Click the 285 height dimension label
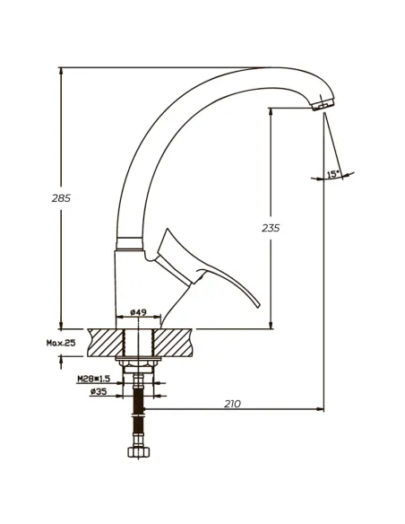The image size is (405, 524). pos(61,198)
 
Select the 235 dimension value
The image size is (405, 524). pos(271,228)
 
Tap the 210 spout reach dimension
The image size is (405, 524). pos(232,404)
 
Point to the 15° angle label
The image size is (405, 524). pos(333,174)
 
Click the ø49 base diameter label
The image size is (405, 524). pos(138,312)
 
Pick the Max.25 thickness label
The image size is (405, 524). pos(61,343)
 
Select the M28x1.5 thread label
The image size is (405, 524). pos(94,379)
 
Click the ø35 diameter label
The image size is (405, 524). pos(99,391)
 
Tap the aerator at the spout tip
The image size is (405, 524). pos(323,104)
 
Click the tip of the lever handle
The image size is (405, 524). pos(259,306)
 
